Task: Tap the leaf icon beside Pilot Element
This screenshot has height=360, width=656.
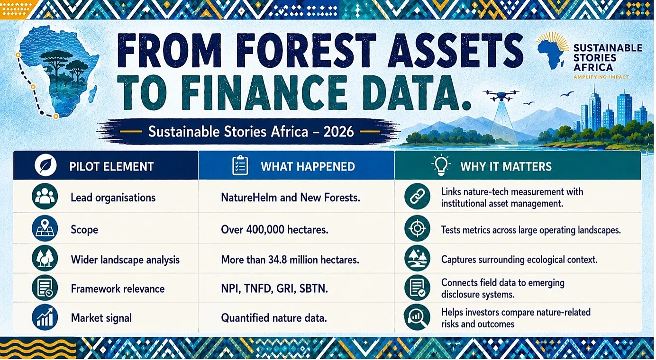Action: [x=46, y=166]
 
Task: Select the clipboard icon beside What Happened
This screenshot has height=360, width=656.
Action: [x=240, y=165]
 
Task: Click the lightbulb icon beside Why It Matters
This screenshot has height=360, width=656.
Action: [x=441, y=165]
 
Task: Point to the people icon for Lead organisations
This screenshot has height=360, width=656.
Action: [x=45, y=197]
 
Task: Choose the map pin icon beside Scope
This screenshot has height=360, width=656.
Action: [x=45, y=229]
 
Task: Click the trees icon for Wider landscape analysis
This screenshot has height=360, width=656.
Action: [x=45, y=259]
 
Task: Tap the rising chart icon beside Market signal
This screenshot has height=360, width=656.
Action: [x=45, y=317]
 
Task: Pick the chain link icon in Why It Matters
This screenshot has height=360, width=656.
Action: [x=417, y=197]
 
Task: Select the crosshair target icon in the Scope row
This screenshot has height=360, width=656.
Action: [x=417, y=229]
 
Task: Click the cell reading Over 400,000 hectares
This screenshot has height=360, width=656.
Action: [x=274, y=229]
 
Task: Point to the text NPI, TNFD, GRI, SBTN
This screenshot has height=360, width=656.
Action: [x=274, y=289]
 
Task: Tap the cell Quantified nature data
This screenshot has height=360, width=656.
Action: [x=274, y=318]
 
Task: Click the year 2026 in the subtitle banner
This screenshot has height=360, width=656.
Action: [x=338, y=131]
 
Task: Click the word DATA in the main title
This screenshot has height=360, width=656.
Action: [x=412, y=93]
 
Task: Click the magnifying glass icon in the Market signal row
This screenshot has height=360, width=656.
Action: [x=417, y=318]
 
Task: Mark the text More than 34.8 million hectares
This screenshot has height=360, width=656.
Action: [x=290, y=260]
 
